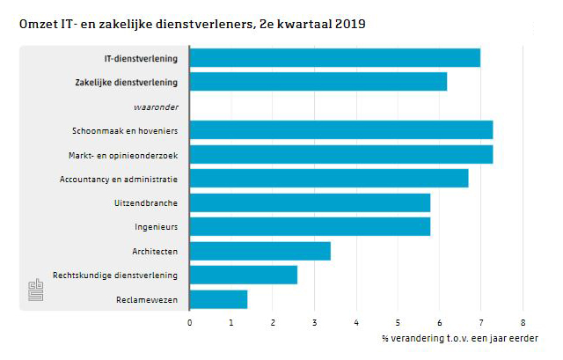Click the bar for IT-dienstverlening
click(x=335, y=58)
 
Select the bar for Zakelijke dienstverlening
click(x=318, y=82)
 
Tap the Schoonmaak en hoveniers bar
click(x=341, y=130)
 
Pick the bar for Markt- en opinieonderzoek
click(x=341, y=155)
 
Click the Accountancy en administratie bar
click(x=329, y=179)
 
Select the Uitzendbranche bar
click(x=310, y=202)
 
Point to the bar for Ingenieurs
click(x=310, y=227)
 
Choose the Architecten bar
click(x=260, y=251)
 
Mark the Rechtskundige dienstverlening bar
click(x=244, y=275)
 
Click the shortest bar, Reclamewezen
click(x=218, y=299)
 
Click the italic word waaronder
click(x=155, y=107)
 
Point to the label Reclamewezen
click(x=147, y=300)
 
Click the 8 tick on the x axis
click(x=523, y=322)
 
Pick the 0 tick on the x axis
click(x=190, y=322)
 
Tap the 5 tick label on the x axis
click(x=398, y=322)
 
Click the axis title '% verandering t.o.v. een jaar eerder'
click(x=458, y=337)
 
